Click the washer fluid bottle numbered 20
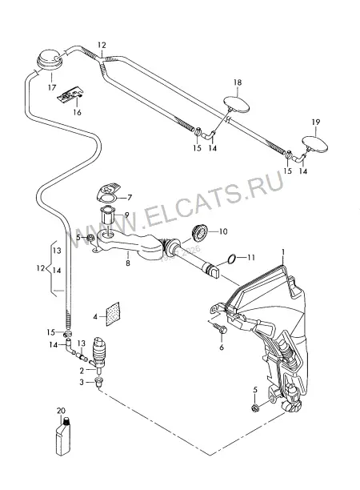63,436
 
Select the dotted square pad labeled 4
113,314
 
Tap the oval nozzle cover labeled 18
237,105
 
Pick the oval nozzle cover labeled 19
315,143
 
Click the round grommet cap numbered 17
50,58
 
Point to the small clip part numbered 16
70,94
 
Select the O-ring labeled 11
231,259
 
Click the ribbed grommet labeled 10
199,232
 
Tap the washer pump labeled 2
99,354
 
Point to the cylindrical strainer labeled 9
107,216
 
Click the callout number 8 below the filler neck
128,263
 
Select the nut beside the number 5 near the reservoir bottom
254,408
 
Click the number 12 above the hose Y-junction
102,45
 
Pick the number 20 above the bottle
61,410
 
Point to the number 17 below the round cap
52,87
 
